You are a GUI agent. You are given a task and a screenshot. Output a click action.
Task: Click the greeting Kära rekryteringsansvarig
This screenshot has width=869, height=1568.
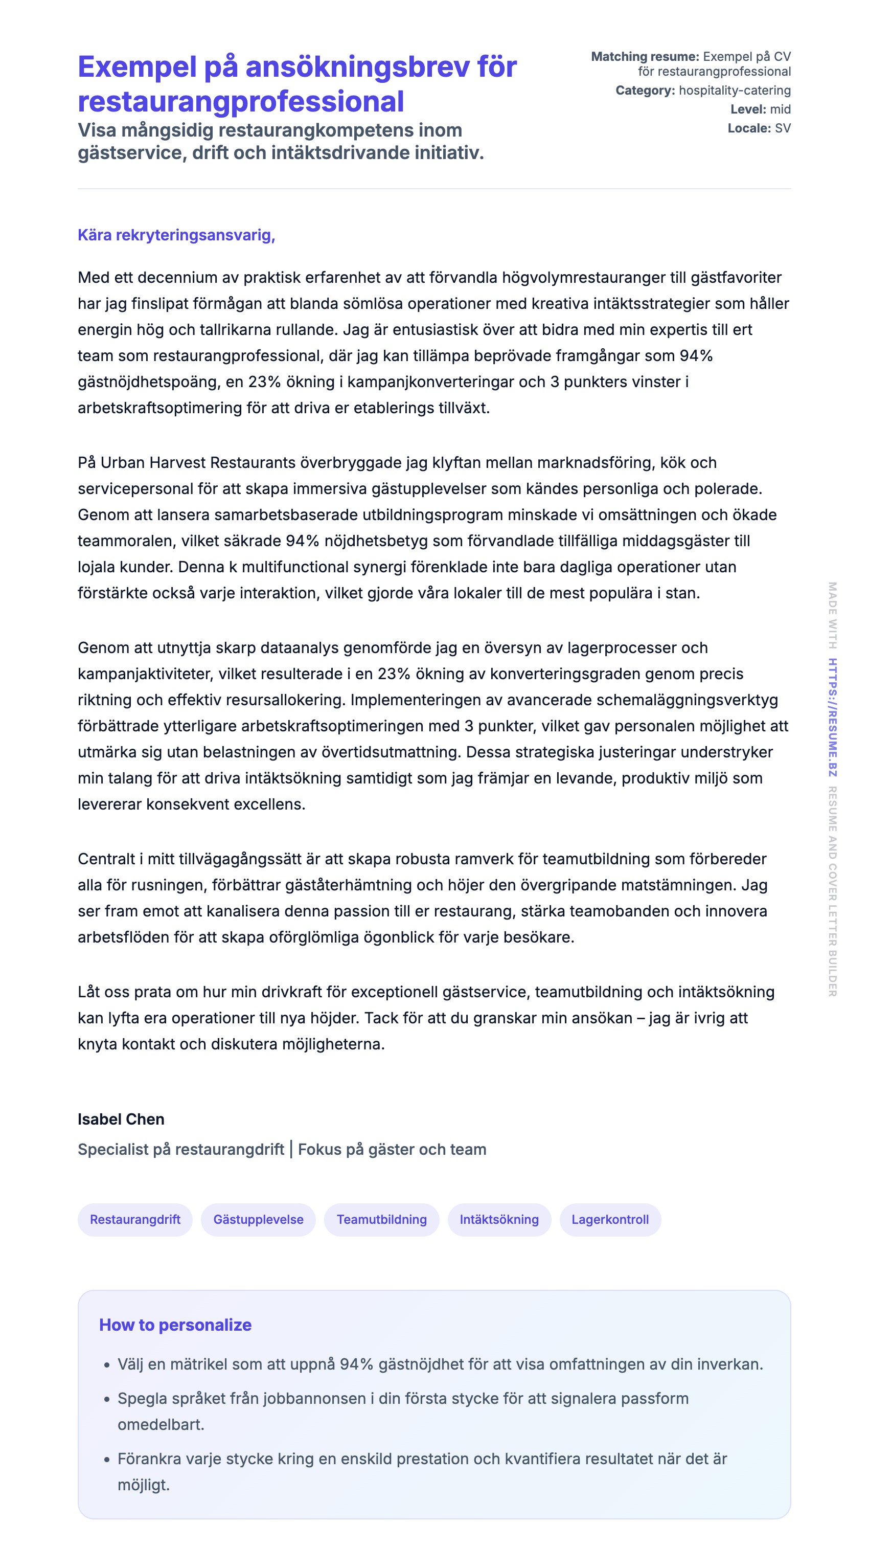click(176, 235)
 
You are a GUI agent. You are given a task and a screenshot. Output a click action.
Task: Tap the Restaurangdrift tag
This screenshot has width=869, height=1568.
click(135, 1219)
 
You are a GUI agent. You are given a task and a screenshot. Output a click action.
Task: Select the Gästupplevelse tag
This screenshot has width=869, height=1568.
click(258, 1219)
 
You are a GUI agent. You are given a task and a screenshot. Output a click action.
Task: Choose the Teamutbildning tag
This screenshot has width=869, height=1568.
click(381, 1219)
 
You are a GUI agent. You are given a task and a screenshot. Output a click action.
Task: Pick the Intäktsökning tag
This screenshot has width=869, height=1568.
click(499, 1219)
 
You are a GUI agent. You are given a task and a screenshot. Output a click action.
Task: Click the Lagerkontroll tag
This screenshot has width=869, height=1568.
click(610, 1219)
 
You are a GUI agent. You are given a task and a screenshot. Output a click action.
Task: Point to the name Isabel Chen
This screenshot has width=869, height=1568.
click(121, 1119)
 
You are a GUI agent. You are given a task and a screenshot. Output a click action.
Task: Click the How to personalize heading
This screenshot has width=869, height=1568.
click(175, 1325)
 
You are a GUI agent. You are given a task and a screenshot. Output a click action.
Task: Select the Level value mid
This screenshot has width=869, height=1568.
click(780, 109)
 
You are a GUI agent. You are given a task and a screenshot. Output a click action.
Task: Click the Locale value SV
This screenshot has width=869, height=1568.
click(783, 128)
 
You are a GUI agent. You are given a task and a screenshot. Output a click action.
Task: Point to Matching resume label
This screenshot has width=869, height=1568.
click(645, 57)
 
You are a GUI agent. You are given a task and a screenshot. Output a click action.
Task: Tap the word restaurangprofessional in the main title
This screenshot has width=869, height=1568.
click(240, 102)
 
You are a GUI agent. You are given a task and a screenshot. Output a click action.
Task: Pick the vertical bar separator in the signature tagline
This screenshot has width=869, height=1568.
click(291, 1149)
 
